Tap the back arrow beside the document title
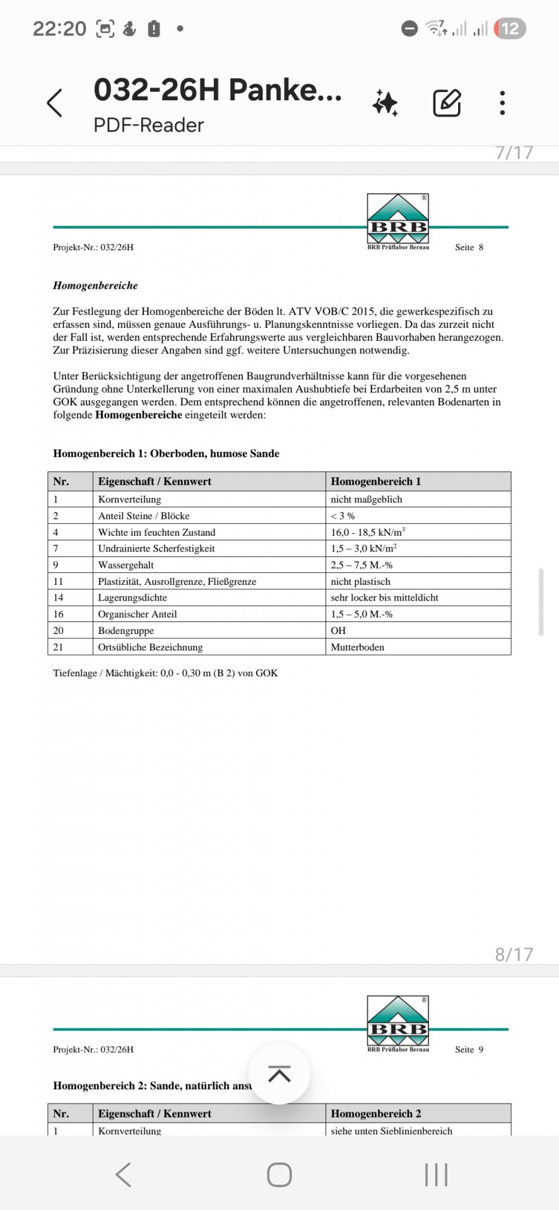(x=56, y=103)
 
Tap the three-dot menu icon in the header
(x=502, y=103)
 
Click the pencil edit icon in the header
(x=447, y=103)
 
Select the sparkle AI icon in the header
(x=385, y=103)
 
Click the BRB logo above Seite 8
(x=397, y=219)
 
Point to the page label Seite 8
(x=469, y=247)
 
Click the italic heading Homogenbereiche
(x=95, y=285)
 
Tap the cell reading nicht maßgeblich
(x=367, y=499)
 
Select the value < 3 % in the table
(x=343, y=516)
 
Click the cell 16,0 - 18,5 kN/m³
(x=368, y=532)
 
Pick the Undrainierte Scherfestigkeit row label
(x=156, y=548)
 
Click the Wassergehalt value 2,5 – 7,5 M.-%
(x=362, y=565)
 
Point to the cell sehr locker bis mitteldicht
(x=384, y=597)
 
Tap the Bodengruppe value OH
(x=338, y=630)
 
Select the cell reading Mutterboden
(x=357, y=647)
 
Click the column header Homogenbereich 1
(x=375, y=481)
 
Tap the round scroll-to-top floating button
(x=279, y=1073)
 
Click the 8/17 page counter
(x=514, y=954)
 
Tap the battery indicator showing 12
(x=510, y=28)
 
